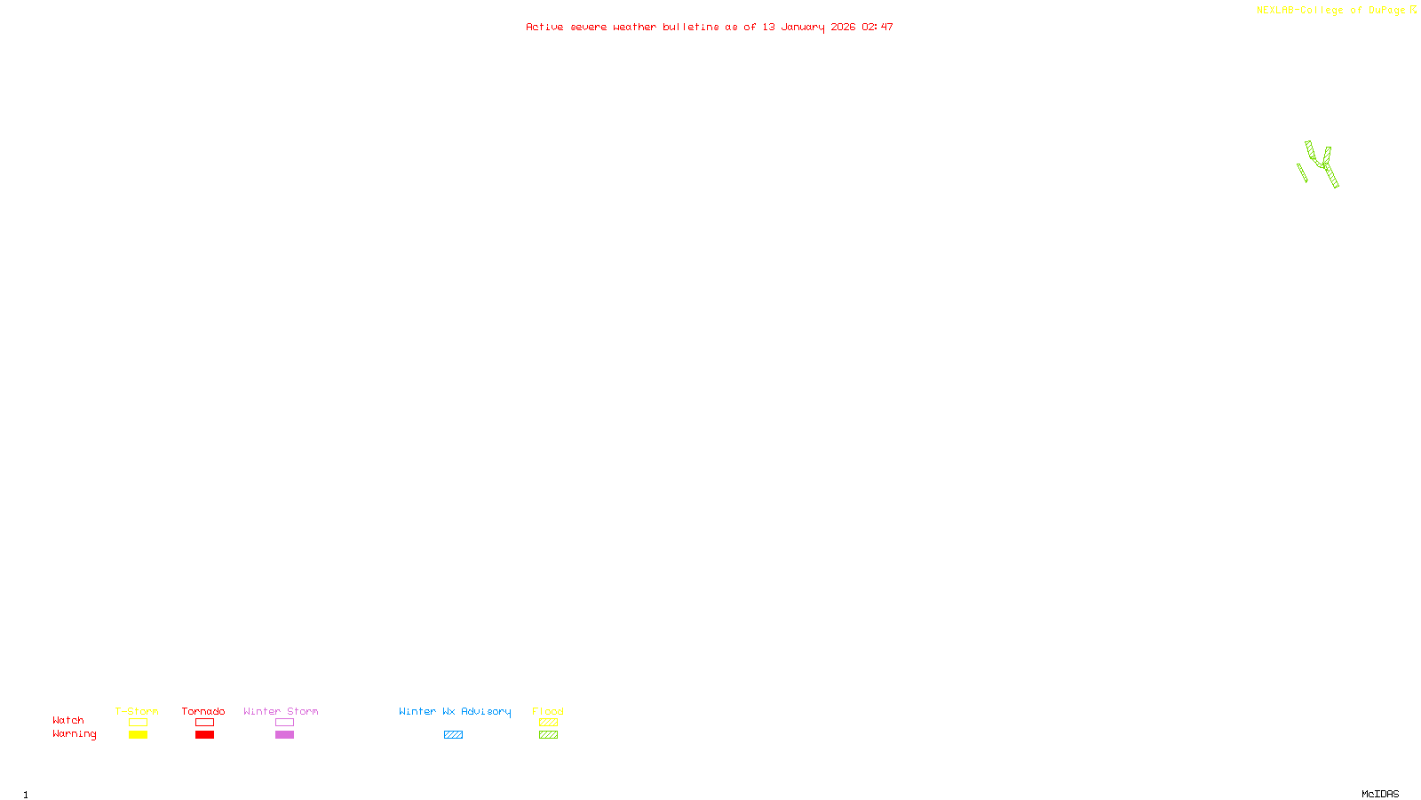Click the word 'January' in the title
point(802,28)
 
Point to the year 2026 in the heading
point(843,28)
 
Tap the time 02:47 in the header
point(877,28)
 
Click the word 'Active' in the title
point(544,28)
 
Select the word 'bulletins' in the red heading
point(691,28)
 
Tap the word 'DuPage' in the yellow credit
point(1386,11)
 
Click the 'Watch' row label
point(68,721)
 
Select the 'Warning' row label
point(75,734)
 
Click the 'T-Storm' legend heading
point(137,711)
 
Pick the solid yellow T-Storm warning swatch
point(138,735)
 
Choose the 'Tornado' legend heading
point(203,711)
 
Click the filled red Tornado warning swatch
point(205,735)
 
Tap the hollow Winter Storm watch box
point(284,723)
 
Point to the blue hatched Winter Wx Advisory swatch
point(453,735)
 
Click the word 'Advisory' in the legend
point(486,711)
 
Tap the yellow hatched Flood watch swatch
point(548,723)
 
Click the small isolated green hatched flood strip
point(1302,172)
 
